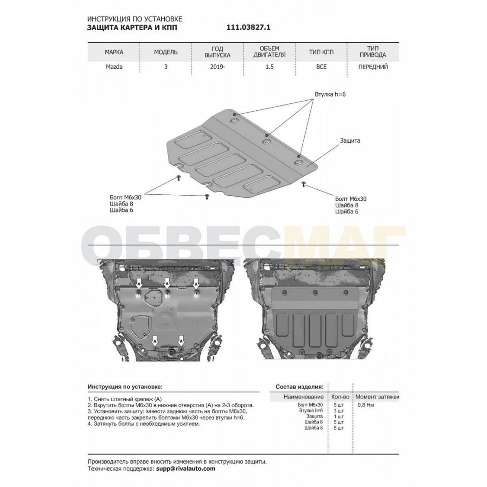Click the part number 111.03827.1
click(249, 27)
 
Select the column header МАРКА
click(114, 52)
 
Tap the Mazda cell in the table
click(114, 67)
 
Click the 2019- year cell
click(218, 67)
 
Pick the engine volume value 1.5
click(269, 67)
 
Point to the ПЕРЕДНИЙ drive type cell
click(373, 67)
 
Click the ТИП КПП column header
click(321, 52)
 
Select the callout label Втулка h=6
click(330, 94)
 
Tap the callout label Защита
click(350, 141)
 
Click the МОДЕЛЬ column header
click(166, 52)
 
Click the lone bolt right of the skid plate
click(303, 185)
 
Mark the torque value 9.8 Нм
click(366, 405)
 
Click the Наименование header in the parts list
click(303, 397)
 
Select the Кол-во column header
click(340, 397)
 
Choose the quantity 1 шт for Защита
click(339, 416)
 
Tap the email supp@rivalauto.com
click(185, 468)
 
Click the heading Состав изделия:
click(300, 387)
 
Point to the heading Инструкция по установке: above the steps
click(125, 387)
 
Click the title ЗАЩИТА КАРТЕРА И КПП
click(133, 27)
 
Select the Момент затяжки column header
click(378, 397)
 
